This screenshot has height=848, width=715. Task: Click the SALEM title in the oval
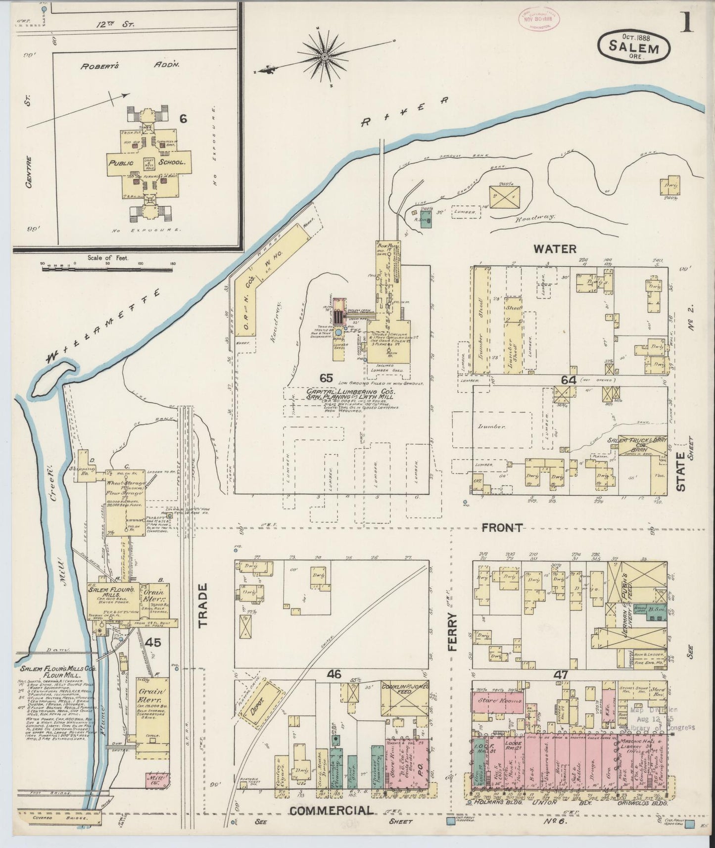coord(634,48)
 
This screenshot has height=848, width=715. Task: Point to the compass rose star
coord(325,56)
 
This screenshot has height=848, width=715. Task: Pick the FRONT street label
coord(502,528)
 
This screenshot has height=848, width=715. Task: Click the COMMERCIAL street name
coord(331,810)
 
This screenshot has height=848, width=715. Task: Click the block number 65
coord(326,378)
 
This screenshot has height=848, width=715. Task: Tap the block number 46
coord(334,673)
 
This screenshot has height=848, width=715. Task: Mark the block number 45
coord(153,643)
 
